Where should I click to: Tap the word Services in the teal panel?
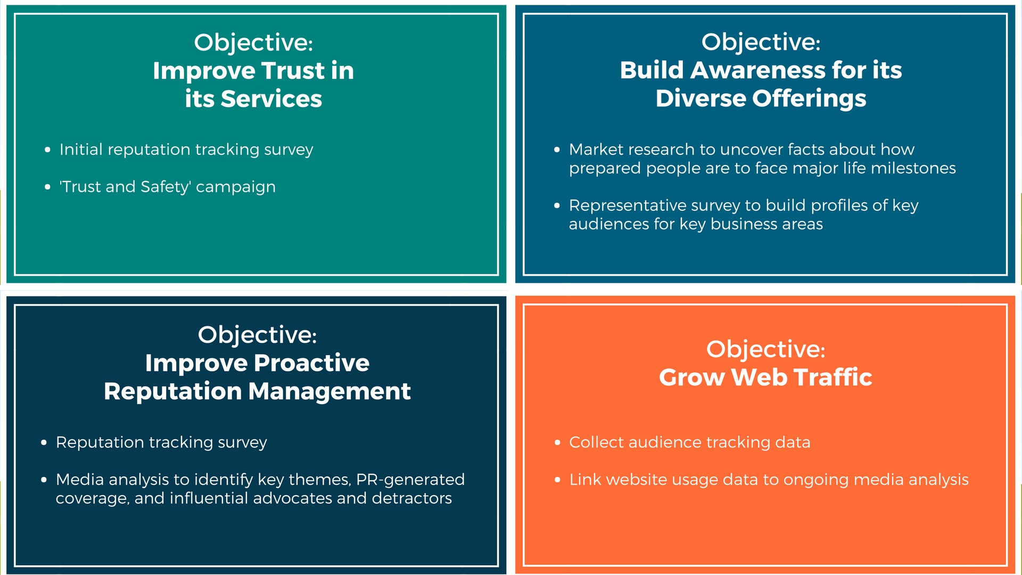pos(271,99)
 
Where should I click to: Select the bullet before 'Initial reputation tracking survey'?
pos(48,150)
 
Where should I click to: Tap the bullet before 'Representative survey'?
pos(557,206)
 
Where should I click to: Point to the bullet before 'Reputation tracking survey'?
pos(44,443)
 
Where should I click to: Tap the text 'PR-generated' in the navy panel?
pos(410,480)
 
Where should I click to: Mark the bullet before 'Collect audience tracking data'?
pos(557,443)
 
